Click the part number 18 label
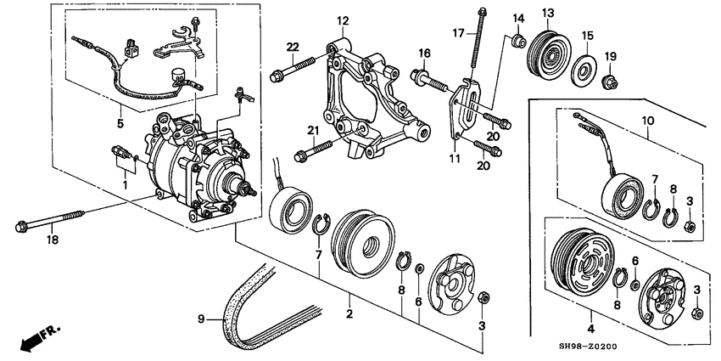click(x=53, y=240)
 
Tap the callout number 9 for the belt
click(x=201, y=319)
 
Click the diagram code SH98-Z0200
click(x=591, y=347)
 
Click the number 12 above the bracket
click(x=343, y=20)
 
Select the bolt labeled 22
click(x=293, y=68)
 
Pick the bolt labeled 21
click(x=313, y=150)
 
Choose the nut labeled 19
click(x=610, y=83)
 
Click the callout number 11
click(x=455, y=159)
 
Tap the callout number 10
click(x=648, y=121)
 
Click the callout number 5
click(x=120, y=123)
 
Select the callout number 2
click(x=349, y=314)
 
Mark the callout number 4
click(x=591, y=329)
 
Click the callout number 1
click(x=124, y=184)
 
